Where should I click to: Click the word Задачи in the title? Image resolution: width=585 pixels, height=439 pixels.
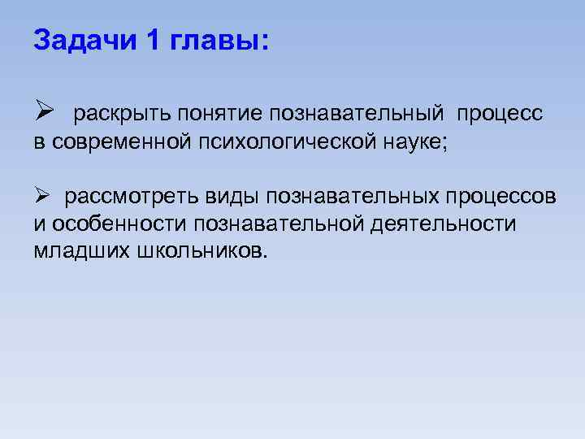click(x=87, y=41)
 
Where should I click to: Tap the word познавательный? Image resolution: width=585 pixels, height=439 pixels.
click(x=357, y=115)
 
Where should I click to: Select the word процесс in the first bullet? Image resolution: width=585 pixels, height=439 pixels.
click(x=500, y=115)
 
